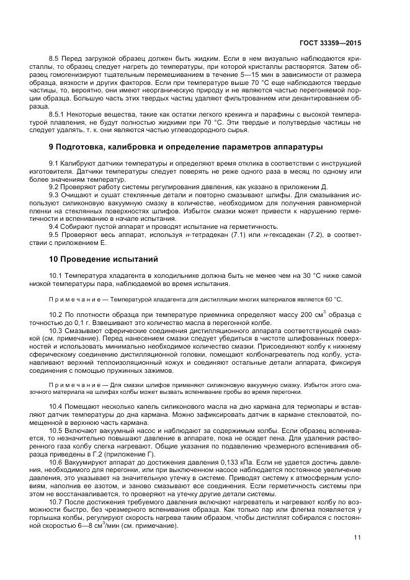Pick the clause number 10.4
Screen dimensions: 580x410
56,404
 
